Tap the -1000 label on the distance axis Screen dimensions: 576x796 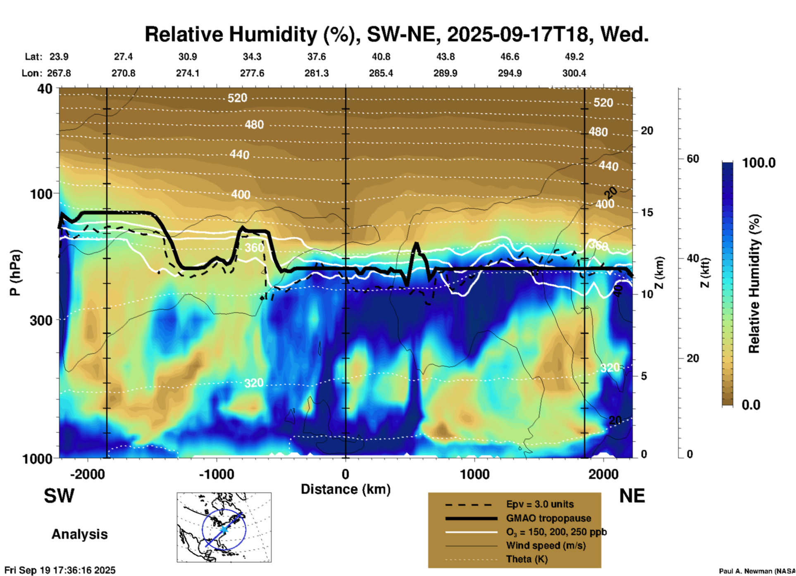pyautogui.click(x=217, y=474)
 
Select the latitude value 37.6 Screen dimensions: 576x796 pyautogui.click(x=317, y=57)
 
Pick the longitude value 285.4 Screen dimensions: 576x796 pyautogui.click(x=381, y=73)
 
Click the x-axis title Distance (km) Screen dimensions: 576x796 pyautogui.click(x=346, y=489)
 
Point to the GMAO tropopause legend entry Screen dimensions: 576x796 pyautogui.click(x=548, y=518)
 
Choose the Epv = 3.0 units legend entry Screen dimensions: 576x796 pyautogui.click(x=540, y=504)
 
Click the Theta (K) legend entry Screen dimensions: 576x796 pyautogui.click(x=527, y=559)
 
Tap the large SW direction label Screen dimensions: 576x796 pyautogui.click(x=59, y=496)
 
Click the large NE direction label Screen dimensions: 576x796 pyautogui.click(x=632, y=496)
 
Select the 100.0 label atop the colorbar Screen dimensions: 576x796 pyautogui.click(x=759, y=163)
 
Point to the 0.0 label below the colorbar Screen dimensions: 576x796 pyautogui.click(x=751, y=405)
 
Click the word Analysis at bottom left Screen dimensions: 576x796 pyautogui.click(x=79, y=534)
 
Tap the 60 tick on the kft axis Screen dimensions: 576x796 pyautogui.click(x=693, y=159)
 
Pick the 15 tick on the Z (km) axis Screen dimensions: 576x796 pyautogui.click(x=647, y=212)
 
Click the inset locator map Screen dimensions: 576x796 pyautogui.click(x=224, y=527)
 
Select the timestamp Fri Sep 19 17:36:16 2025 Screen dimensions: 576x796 pyautogui.click(x=60, y=570)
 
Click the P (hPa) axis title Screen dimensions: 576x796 pyautogui.click(x=15, y=273)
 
